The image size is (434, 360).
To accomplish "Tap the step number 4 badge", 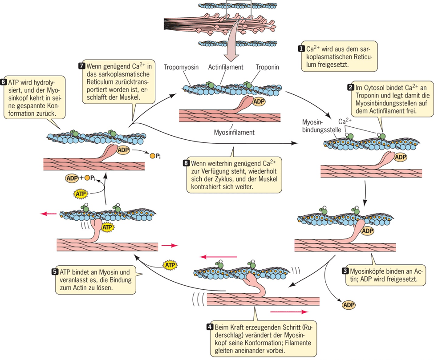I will pyautogui.click(x=210, y=326).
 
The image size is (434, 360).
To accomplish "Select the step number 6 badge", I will pyautogui.click(x=4, y=82).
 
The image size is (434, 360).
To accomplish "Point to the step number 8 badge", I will pyautogui.click(x=187, y=162).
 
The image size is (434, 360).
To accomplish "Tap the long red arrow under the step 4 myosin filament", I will pyautogui.click(x=288, y=312).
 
